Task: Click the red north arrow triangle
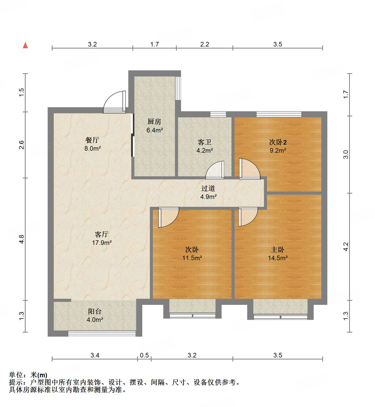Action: click(25, 45)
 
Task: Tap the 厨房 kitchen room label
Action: click(154, 122)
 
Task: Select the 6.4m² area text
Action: click(154, 130)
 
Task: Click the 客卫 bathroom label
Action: click(204, 142)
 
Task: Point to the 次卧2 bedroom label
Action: click(278, 142)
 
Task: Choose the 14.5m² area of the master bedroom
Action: click(278, 258)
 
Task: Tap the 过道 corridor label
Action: click(208, 188)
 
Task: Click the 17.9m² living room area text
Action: click(102, 243)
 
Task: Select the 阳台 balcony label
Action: click(95, 311)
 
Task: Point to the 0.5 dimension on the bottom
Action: click(144, 355)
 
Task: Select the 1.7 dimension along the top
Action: click(154, 44)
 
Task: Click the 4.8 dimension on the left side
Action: click(22, 239)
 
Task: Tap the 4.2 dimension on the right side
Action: click(346, 247)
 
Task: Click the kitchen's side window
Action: click(178, 88)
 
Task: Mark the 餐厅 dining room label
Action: click(92, 140)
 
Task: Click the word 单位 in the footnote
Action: click(16, 375)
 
